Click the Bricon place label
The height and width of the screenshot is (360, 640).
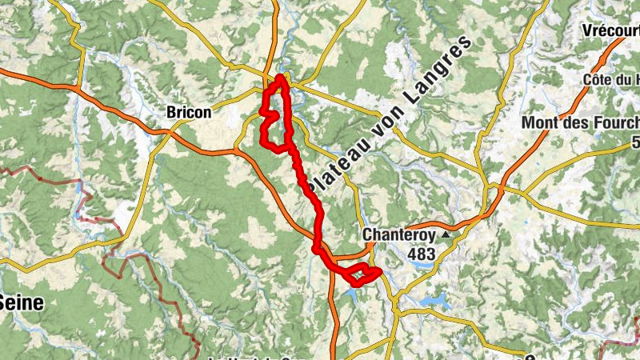click(189, 113)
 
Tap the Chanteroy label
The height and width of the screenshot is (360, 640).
click(398, 234)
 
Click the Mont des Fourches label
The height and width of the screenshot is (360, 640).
click(580, 122)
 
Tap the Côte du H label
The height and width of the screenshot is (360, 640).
click(612, 79)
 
